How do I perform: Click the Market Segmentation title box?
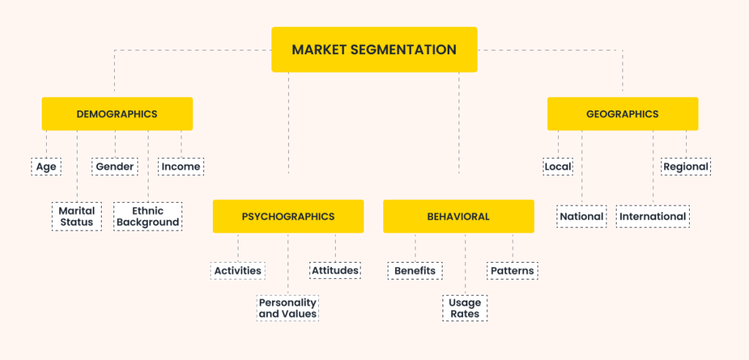pos(374,50)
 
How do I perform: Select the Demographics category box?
pos(117,114)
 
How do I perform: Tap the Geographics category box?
pos(622,114)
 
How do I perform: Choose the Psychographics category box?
pos(288,217)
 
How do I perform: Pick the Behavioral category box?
pos(459,217)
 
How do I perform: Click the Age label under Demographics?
pos(46,167)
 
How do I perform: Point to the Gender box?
pos(115,167)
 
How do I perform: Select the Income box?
pos(181,167)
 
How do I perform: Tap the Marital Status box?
pos(77,217)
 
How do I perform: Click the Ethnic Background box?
pos(148,217)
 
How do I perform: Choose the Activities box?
pos(238,271)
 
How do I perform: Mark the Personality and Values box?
pos(287,308)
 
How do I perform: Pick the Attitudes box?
pos(335,271)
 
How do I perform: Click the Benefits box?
pos(415,271)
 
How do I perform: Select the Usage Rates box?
pos(465,308)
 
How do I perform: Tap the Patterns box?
pos(513,271)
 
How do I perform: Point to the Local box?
pos(558,167)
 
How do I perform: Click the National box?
pos(581,217)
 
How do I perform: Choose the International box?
pos(652,217)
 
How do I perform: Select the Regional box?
pos(686,167)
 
